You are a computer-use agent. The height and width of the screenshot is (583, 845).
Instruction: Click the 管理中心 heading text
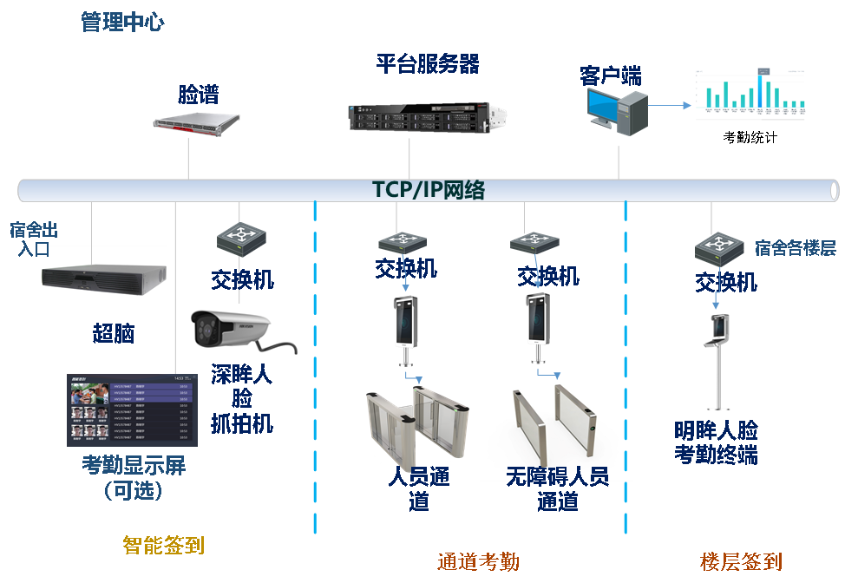121,23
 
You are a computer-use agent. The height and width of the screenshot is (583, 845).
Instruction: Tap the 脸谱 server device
197,124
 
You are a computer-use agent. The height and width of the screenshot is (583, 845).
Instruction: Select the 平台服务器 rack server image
426,117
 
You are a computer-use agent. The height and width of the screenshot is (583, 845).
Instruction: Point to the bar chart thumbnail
750,95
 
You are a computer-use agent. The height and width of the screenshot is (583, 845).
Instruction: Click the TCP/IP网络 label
429,190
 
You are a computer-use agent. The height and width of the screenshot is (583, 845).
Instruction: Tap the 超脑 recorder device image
103,279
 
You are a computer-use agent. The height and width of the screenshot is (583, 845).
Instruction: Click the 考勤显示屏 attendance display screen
133,409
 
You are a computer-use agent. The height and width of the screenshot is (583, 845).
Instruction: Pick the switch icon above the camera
242,239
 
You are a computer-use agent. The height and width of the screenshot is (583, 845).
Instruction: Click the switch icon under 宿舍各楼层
720,249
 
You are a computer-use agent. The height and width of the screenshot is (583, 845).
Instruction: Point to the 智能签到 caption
163,545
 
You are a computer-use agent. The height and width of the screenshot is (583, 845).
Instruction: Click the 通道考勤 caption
478,562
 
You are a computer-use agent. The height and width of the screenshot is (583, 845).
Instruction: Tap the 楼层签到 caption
741,562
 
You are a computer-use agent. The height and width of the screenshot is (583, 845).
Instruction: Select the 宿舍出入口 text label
33,239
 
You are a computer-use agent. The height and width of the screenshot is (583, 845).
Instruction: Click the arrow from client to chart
671,106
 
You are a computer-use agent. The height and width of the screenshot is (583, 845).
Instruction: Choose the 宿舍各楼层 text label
796,248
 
